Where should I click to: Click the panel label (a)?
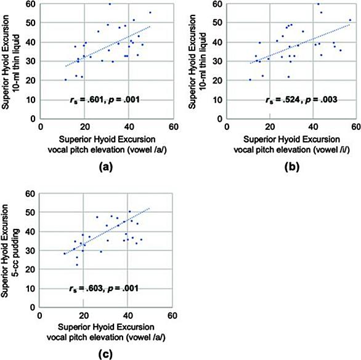106,167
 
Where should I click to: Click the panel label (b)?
292,167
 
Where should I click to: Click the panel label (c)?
105,354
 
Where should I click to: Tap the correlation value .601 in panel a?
95,100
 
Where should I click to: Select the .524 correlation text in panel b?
291,100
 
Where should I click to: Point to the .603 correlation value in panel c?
94,288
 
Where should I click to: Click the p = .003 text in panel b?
321,100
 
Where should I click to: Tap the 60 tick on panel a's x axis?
173,127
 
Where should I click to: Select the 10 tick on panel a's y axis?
31,100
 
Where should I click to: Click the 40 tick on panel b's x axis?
313,127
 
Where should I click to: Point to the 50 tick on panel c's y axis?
30,212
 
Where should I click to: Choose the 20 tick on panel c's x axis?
83,315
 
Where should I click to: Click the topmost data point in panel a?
110,4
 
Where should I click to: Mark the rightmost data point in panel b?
350,20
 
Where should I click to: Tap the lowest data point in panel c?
77,265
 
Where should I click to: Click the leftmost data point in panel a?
66,80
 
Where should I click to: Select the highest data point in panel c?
129,212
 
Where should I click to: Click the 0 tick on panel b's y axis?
220,119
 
